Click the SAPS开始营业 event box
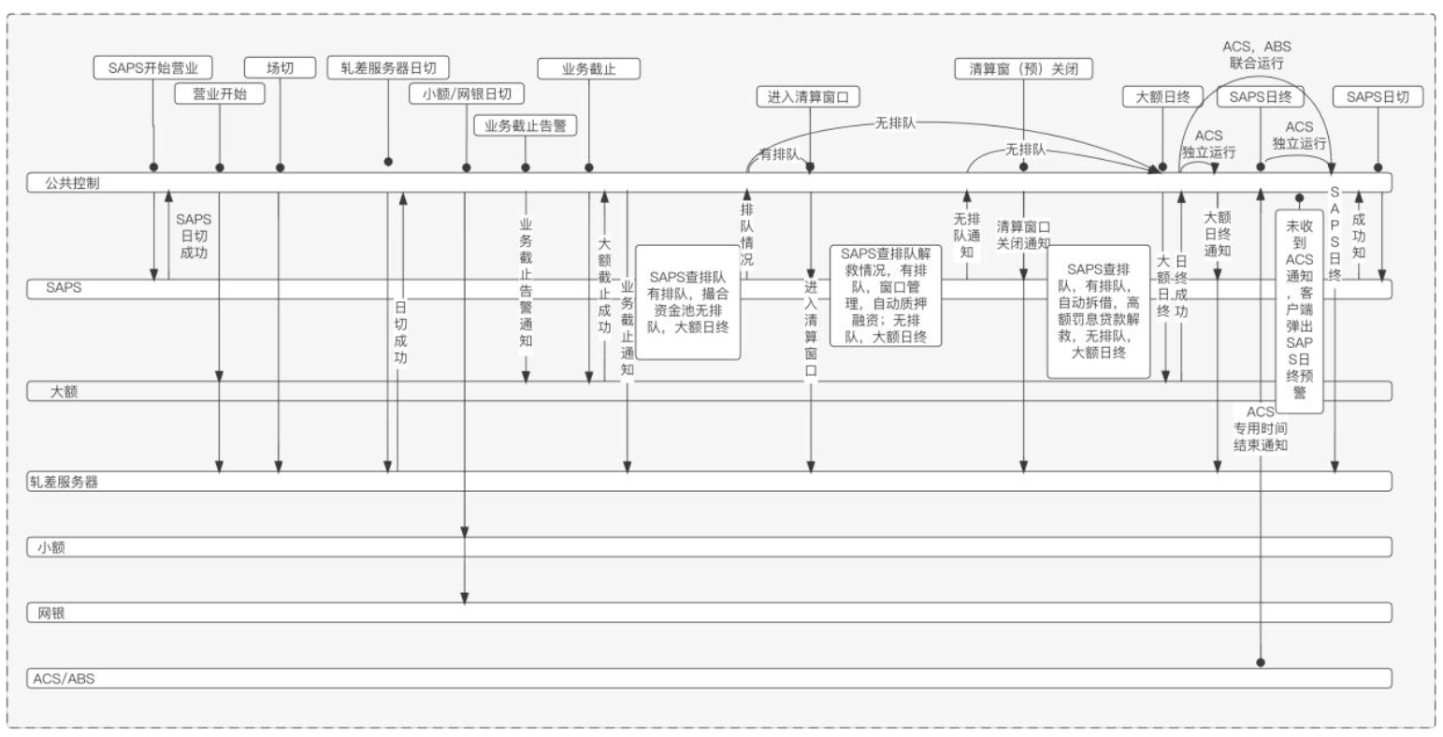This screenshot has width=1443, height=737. click(153, 67)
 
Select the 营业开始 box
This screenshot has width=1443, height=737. click(220, 94)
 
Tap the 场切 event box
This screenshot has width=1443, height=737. click(280, 67)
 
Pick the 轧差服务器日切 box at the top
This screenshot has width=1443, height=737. click(388, 67)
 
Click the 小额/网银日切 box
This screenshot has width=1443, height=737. click(467, 94)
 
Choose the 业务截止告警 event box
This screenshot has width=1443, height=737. click(525, 125)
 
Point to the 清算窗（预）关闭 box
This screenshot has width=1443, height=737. click(1024, 67)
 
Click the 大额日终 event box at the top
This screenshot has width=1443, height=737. click(1162, 96)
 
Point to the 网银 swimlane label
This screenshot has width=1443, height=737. click(51, 614)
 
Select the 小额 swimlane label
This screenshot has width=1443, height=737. click(51, 547)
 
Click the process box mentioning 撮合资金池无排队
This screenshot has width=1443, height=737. click(688, 302)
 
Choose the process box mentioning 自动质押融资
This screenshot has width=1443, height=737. click(884, 295)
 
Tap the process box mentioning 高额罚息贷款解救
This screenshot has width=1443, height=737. click(1098, 311)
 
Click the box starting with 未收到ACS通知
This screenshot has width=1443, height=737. click(1299, 309)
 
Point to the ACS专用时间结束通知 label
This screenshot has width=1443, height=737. click(1261, 428)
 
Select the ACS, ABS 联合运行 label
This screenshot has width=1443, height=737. click(1257, 54)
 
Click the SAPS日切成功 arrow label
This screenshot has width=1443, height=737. click(194, 236)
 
